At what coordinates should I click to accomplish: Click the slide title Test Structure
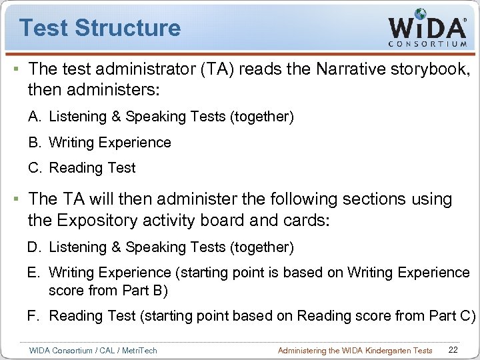click(x=100, y=28)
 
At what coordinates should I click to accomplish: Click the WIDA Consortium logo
click(x=427, y=28)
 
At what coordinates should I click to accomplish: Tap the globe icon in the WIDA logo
click(x=421, y=14)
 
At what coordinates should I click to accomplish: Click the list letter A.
click(x=34, y=117)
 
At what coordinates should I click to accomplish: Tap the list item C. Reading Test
click(x=81, y=168)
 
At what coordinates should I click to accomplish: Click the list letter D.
click(x=34, y=248)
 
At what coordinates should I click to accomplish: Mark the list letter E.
click(x=34, y=273)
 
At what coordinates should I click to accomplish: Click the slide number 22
click(x=453, y=350)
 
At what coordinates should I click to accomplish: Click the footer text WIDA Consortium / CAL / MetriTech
click(x=93, y=350)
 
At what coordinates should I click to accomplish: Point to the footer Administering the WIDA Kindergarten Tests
click(x=355, y=350)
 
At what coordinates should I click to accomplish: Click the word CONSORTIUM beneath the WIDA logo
click(x=427, y=44)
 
